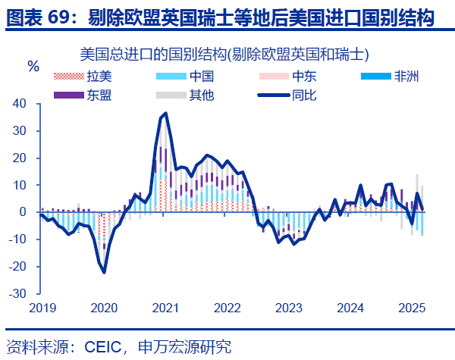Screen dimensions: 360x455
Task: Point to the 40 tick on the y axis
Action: point(19,104)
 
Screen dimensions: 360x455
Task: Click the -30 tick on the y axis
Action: point(17,294)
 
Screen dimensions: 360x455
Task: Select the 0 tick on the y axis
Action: point(23,212)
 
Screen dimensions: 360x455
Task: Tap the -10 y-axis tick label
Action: point(17,239)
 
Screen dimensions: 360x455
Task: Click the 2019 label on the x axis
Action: point(42,308)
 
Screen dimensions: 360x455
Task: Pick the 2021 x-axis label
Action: point(165,308)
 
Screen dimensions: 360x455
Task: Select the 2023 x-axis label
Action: point(289,308)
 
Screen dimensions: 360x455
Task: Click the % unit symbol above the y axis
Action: point(33,66)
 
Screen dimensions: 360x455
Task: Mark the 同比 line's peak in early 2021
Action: point(166,114)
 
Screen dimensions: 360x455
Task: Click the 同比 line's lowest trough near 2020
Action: point(104,272)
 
